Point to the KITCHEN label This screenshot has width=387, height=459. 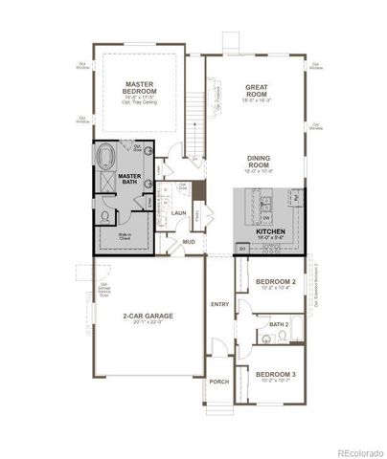click(x=268, y=231)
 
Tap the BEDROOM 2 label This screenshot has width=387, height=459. click(x=275, y=283)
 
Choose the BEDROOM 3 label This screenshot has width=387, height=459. click(x=275, y=373)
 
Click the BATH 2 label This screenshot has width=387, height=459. click(x=279, y=325)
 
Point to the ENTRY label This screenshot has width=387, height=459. click(x=218, y=304)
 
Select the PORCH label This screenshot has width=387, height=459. click(x=218, y=381)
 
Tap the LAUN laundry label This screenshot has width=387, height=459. click(x=178, y=213)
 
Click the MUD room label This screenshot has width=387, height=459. click(x=190, y=243)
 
